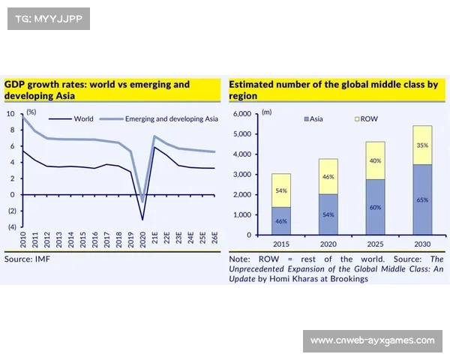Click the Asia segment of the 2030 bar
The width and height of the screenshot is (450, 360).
(x=423, y=200)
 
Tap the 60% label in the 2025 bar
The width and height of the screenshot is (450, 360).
(x=375, y=207)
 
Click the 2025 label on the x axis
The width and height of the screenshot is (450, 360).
(x=375, y=244)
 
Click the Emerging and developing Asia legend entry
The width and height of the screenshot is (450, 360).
(x=169, y=118)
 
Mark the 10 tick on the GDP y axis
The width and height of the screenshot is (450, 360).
(x=10, y=114)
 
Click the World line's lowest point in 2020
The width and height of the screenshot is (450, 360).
(x=142, y=219)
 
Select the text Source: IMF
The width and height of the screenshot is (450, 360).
(x=29, y=259)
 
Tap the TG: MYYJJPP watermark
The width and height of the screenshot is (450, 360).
(x=47, y=19)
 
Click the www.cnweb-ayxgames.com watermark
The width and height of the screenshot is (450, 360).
(x=372, y=341)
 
